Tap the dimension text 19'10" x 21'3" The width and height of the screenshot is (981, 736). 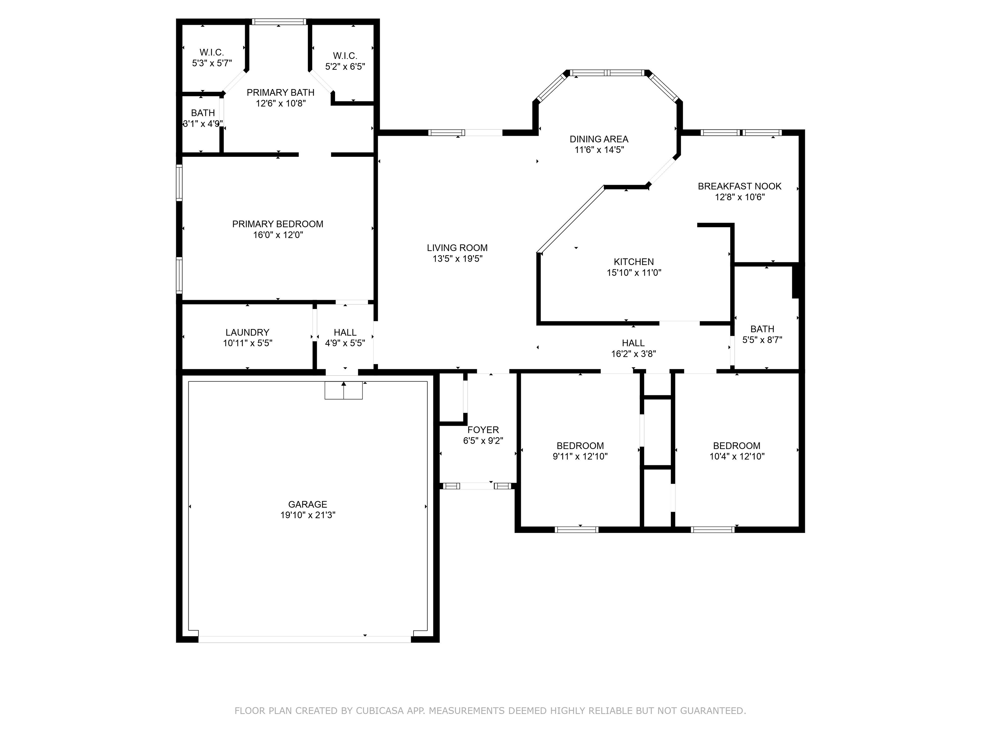pyautogui.click(x=308, y=515)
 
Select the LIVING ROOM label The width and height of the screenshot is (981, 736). pyautogui.click(x=457, y=248)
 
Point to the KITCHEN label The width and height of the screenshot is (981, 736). pyautogui.click(x=634, y=262)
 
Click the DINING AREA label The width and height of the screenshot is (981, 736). pyautogui.click(x=599, y=139)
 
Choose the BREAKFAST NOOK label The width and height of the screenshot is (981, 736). pyautogui.click(x=740, y=186)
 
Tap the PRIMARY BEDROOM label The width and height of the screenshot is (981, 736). pyautogui.click(x=278, y=224)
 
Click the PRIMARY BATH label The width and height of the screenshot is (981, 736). pyautogui.click(x=281, y=92)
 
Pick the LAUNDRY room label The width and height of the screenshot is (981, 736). pyautogui.click(x=247, y=332)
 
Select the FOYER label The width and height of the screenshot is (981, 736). pyautogui.click(x=483, y=430)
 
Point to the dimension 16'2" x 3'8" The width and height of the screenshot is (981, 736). pyautogui.click(x=633, y=354)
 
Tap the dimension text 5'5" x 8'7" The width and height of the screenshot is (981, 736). pyautogui.click(x=762, y=340)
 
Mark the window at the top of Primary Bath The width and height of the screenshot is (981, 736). pyautogui.click(x=279, y=21)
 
